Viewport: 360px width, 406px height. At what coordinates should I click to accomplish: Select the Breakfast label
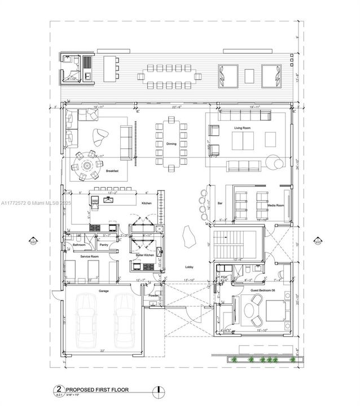point(112,170)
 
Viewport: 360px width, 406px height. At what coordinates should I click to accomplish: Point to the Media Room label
point(276,205)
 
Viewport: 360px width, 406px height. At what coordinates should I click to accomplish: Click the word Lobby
point(189,267)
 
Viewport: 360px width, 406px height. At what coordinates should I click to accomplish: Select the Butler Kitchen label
point(145,255)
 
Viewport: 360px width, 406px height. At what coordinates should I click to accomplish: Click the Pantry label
point(104,245)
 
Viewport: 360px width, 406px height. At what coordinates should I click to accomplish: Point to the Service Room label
point(90,257)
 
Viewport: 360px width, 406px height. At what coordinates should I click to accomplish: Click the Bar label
point(221,202)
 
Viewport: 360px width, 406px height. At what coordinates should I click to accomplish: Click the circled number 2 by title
point(57,389)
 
